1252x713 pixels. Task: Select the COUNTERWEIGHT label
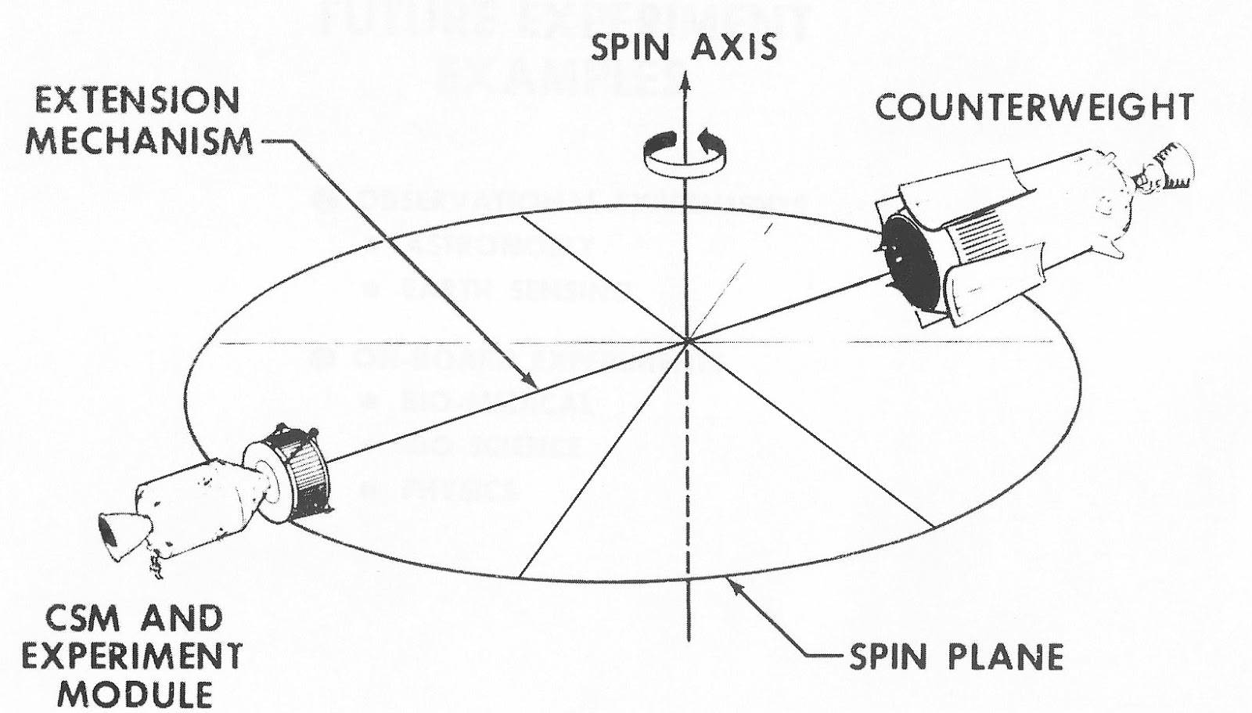point(1034,107)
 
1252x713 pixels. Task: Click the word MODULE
point(133,694)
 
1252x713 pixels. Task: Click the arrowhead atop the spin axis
point(687,80)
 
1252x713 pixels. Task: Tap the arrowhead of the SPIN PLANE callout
point(732,582)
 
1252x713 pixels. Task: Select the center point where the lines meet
point(687,341)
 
